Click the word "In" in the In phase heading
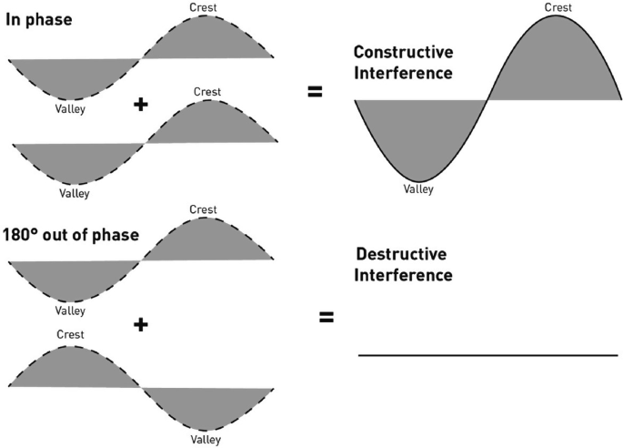(x=13, y=19)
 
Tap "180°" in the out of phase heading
(x=24, y=234)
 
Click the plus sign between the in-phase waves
(x=140, y=105)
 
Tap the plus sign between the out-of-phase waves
(x=140, y=322)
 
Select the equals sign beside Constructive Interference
(x=316, y=90)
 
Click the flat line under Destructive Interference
(x=487, y=354)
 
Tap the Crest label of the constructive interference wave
(x=558, y=8)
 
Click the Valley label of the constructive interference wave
(x=419, y=189)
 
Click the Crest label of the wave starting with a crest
(x=69, y=334)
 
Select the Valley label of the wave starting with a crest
(x=206, y=439)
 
